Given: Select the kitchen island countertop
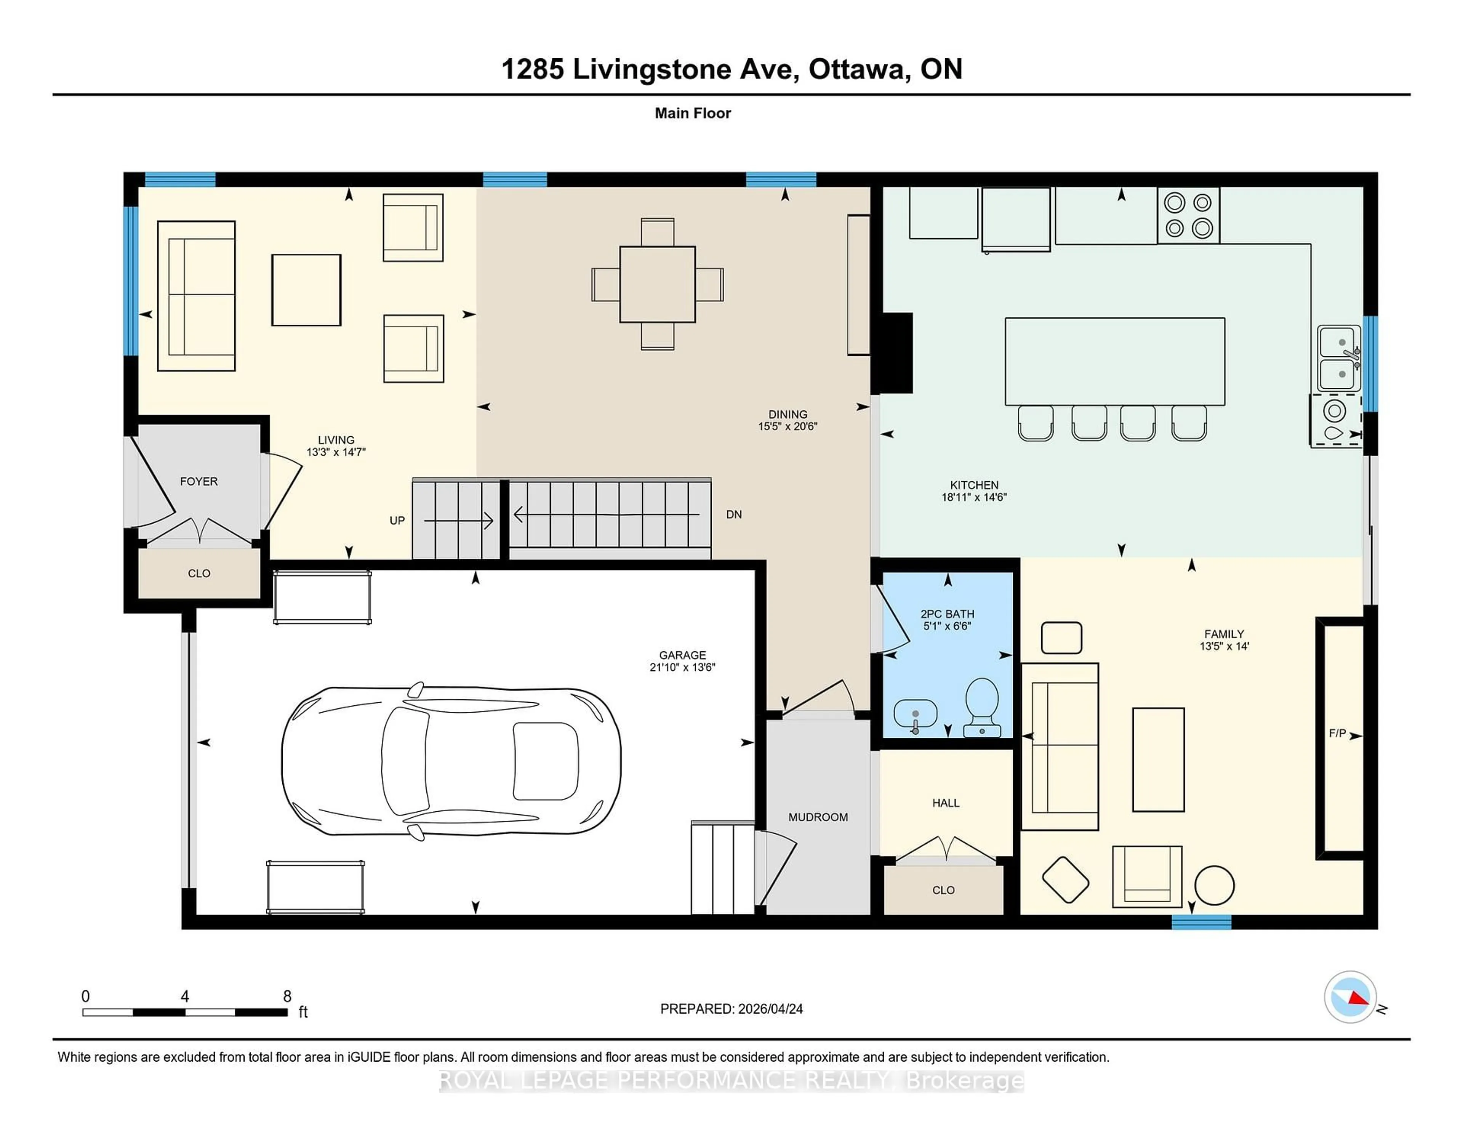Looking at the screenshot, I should (x=1115, y=361).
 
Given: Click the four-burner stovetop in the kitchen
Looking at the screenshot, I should (x=1188, y=215).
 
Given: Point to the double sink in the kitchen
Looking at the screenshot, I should (x=1338, y=359).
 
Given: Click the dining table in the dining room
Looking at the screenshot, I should (x=657, y=284).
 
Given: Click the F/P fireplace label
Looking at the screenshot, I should (x=1337, y=734).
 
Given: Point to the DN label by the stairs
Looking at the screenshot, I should (x=733, y=514).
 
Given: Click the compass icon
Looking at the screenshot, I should (x=1350, y=997).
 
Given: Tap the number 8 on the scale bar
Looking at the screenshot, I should (x=287, y=996).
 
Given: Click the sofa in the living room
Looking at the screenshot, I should (x=196, y=295).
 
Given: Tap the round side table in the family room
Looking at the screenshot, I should (x=1214, y=885).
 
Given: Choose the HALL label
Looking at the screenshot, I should (x=945, y=803).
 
